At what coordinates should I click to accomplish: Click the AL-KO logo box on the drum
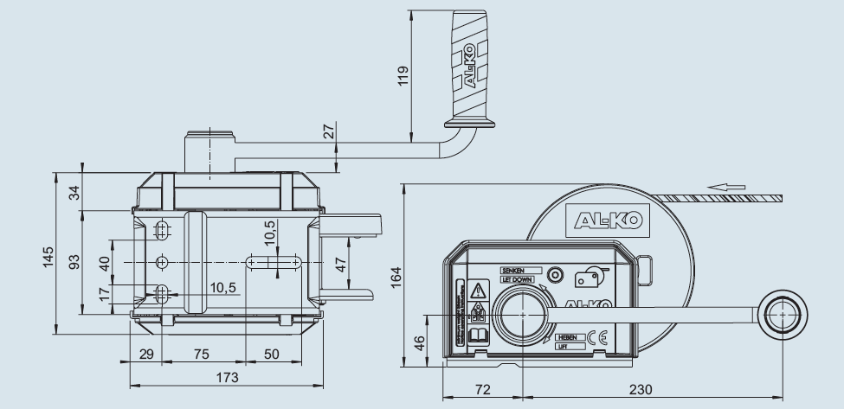pos(605,220)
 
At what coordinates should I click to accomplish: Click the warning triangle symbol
pos(477,289)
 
